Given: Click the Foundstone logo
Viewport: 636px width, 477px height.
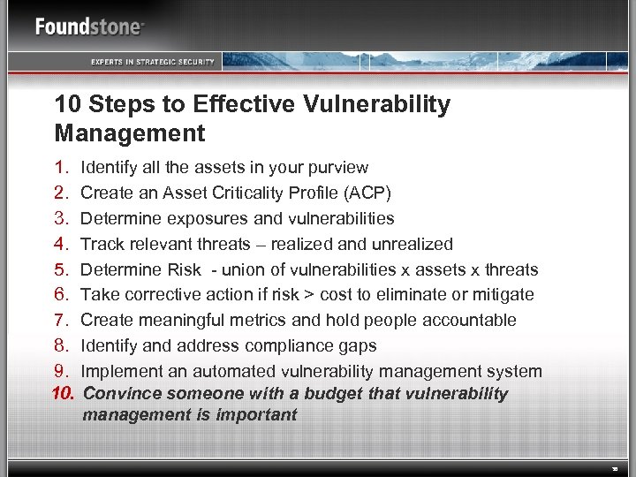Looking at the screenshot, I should [x=89, y=26].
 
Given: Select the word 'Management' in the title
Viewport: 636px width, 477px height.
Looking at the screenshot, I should [x=129, y=133].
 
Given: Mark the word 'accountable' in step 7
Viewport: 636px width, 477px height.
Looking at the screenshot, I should [x=474, y=320].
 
